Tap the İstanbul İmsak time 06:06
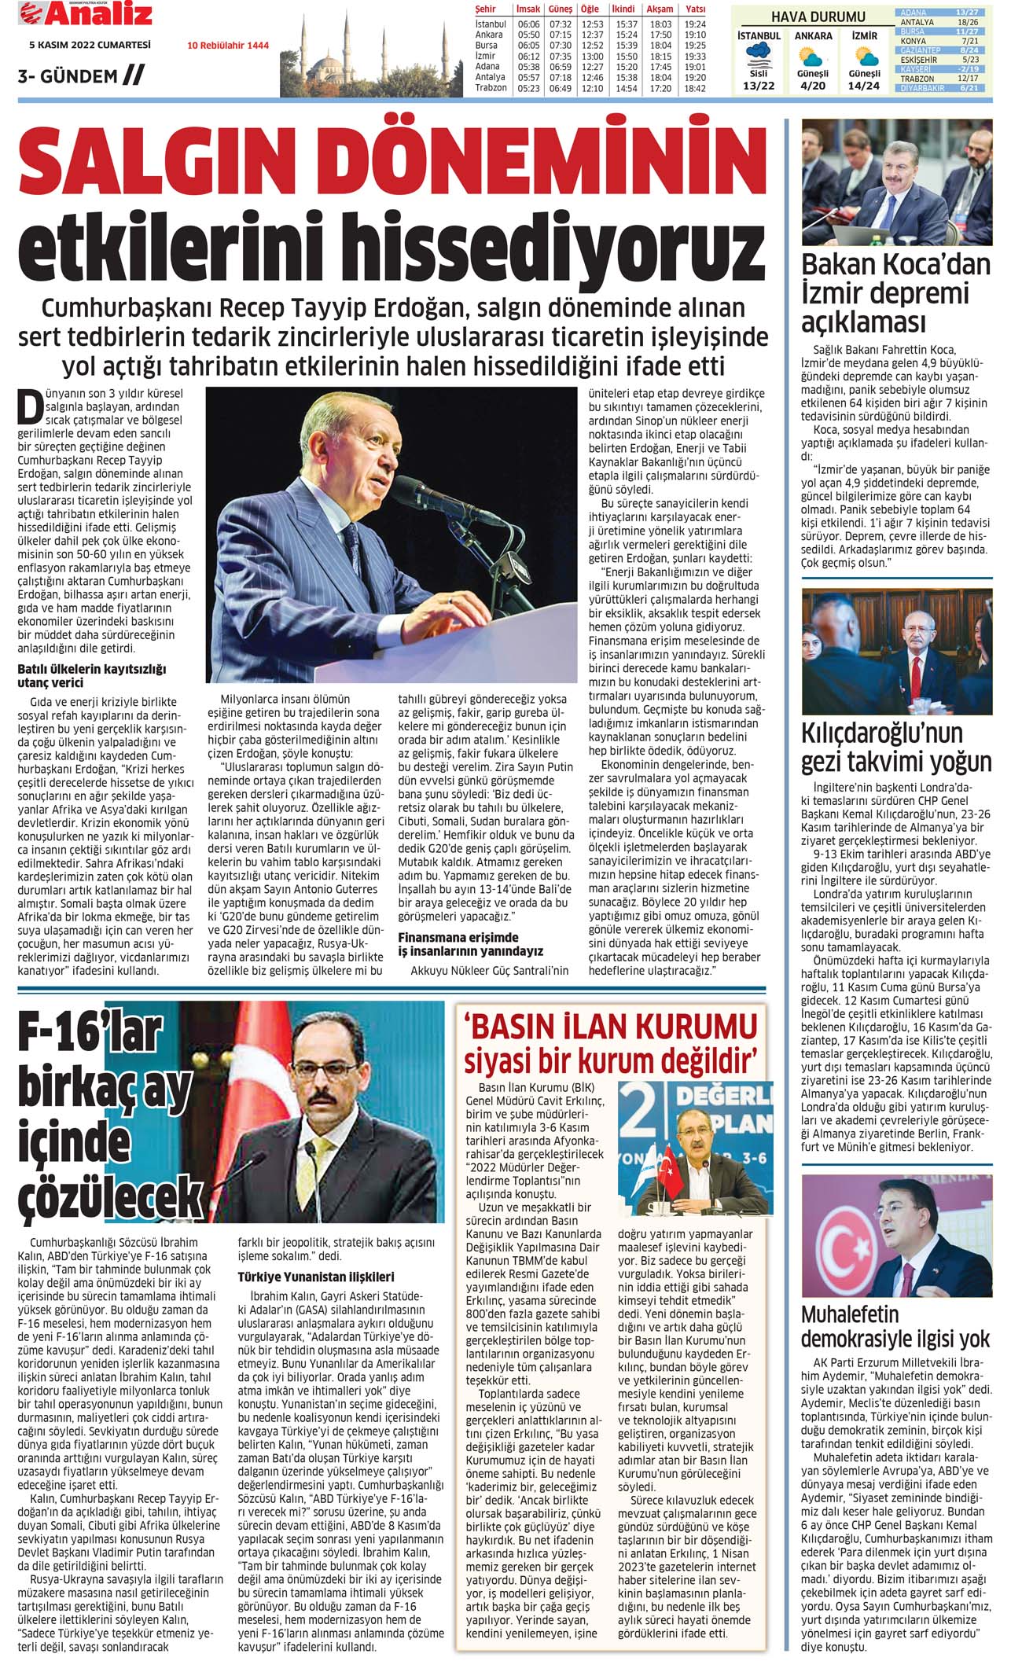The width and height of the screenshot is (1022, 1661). [x=528, y=24]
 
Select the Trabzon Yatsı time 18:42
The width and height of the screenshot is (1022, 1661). [x=695, y=89]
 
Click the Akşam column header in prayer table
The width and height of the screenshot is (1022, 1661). [x=660, y=9]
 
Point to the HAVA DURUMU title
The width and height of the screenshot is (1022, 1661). [x=818, y=17]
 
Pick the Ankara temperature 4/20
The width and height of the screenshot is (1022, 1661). [x=813, y=85]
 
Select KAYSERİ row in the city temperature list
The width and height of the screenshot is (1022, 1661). [x=943, y=69]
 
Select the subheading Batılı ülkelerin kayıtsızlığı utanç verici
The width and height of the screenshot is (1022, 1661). [x=92, y=676]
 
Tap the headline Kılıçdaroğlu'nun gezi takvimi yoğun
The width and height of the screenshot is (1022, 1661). [x=895, y=747]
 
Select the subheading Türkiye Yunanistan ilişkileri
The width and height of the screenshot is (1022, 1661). [x=316, y=1277]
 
